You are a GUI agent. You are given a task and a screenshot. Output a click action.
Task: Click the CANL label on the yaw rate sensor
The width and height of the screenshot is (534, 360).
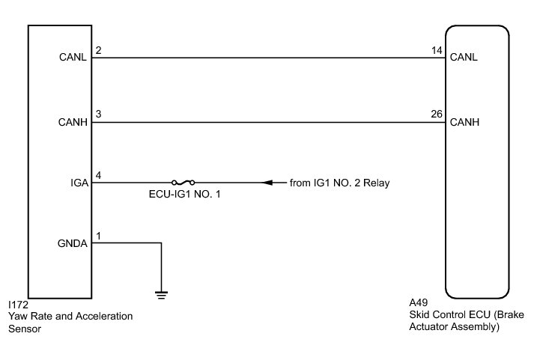click(75, 57)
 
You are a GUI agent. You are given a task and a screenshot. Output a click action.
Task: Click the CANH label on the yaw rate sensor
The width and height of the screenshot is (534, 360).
click(75, 121)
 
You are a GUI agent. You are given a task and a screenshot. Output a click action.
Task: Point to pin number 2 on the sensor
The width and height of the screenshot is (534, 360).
click(98, 51)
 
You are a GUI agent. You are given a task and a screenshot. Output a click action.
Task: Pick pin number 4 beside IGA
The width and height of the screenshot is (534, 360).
click(98, 176)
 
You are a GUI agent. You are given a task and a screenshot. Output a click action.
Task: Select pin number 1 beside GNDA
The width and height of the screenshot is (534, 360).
click(98, 237)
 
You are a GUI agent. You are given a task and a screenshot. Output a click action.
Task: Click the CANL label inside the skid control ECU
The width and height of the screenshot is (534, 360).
click(465, 57)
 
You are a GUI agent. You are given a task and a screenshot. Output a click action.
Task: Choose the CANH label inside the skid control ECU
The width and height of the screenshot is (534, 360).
click(465, 121)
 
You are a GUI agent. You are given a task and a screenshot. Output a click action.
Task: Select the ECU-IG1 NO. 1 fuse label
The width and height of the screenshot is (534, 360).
click(183, 195)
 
